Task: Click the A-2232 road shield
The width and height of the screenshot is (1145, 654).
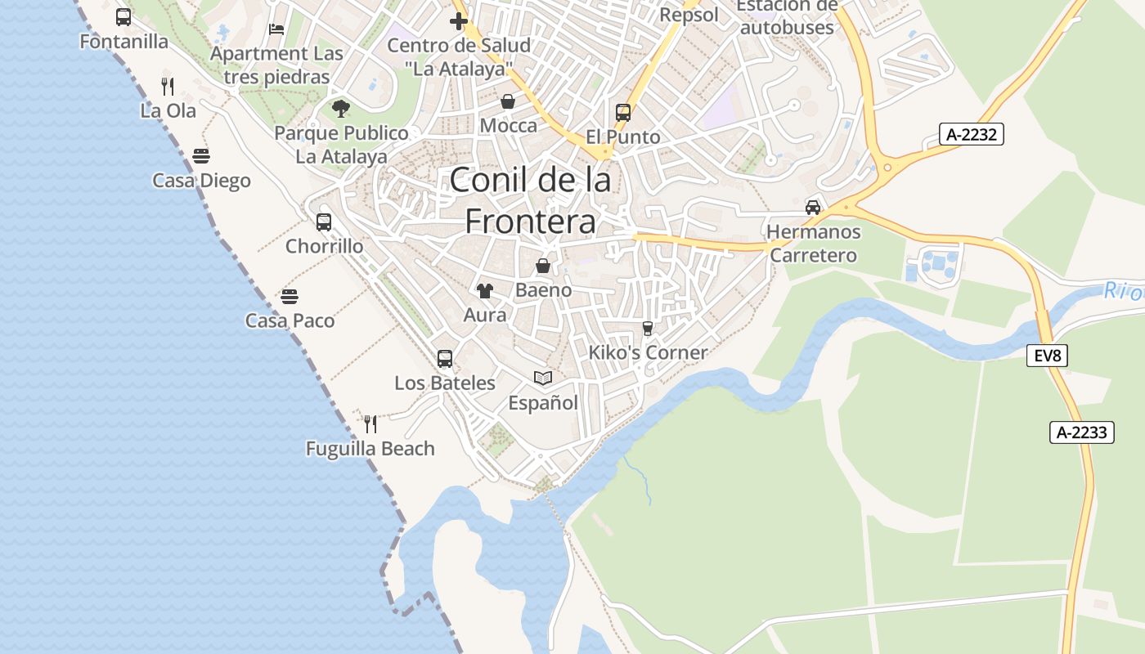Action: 971,135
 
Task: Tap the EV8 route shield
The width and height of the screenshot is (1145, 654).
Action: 1048,355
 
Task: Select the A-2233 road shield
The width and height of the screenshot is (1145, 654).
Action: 1083,432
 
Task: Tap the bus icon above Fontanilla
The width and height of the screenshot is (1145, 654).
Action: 123,17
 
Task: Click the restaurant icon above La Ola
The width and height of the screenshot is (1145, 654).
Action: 168,86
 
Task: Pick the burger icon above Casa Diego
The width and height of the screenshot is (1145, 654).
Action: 201,155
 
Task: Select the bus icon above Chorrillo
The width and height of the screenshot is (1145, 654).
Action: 324,222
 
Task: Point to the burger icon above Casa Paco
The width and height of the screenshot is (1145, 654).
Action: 290,296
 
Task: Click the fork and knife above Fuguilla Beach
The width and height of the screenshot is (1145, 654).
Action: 370,423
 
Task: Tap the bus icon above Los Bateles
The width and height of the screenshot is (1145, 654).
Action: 445,358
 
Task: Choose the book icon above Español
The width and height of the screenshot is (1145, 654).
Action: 543,378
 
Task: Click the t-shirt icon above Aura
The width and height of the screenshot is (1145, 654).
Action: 485,290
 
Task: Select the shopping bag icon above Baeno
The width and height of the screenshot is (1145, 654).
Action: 542,266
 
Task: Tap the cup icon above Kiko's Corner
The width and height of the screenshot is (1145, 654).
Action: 648,328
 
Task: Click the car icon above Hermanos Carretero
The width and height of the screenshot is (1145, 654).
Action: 813,207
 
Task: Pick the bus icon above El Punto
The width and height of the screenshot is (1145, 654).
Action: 623,112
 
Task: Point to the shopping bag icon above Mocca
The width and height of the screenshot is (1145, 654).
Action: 508,101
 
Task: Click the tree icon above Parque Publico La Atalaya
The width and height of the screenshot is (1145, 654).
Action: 341,108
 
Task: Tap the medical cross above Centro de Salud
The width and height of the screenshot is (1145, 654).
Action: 459,20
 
